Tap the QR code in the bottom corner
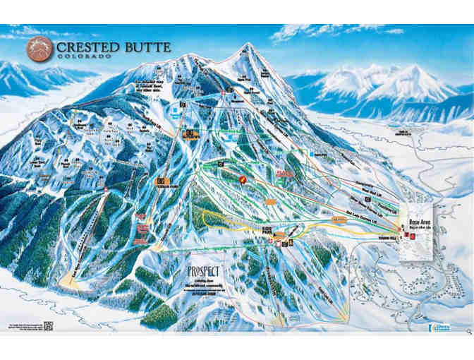coord(49,325)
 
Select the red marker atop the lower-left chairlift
coord(106,190)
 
